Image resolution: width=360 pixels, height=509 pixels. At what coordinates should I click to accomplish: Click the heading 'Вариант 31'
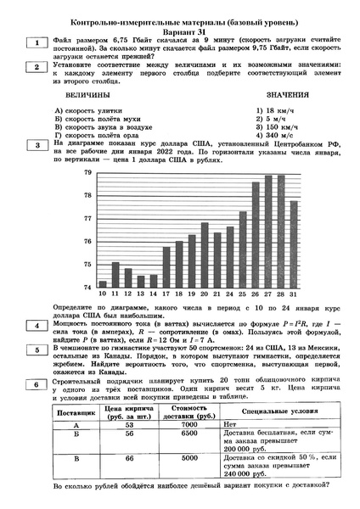click(x=180, y=25)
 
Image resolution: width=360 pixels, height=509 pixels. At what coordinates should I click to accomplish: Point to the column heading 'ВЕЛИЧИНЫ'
click(x=92, y=96)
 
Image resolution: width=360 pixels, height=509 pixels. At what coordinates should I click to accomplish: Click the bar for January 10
click(x=103, y=284)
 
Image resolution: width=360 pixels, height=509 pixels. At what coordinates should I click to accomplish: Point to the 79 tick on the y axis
click(x=87, y=173)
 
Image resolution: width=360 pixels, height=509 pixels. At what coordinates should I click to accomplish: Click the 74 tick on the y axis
click(x=87, y=288)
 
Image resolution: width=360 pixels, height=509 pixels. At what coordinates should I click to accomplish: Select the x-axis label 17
click(x=166, y=294)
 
